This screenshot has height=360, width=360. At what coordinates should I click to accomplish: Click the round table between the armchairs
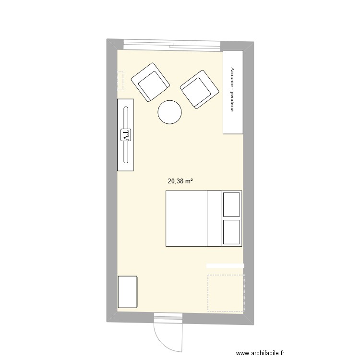tap(169, 112)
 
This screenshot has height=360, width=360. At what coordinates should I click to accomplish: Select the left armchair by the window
tap(150, 83)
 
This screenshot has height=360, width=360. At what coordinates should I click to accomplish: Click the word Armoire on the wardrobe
tap(233, 77)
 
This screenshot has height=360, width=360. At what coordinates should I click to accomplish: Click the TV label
tap(126, 135)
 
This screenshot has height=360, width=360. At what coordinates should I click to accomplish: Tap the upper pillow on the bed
tap(231, 204)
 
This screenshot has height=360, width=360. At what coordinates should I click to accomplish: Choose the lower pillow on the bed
tap(231, 232)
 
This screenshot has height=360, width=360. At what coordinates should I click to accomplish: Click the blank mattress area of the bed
tap(186, 218)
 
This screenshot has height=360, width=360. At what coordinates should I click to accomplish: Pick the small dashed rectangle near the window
tap(120, 81)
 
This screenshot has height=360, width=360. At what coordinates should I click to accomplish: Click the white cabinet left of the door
tap(128, 292)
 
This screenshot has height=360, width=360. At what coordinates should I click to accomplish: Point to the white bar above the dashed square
tap(225, 265)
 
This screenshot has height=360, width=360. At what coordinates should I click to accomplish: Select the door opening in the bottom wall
tap(168, 317)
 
